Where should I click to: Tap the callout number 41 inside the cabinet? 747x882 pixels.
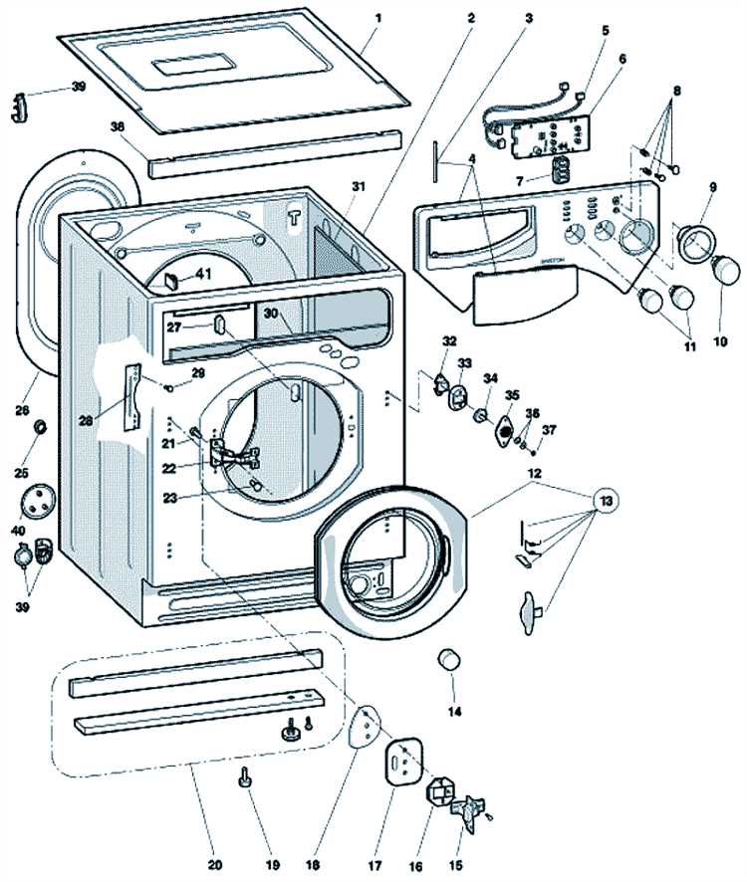[x=202, y=272]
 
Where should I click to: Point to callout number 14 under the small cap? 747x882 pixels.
[x=454, y=712]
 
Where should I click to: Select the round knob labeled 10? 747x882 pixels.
[x=726, y=268]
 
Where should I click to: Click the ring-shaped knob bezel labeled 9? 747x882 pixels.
[x=689, y=241]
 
